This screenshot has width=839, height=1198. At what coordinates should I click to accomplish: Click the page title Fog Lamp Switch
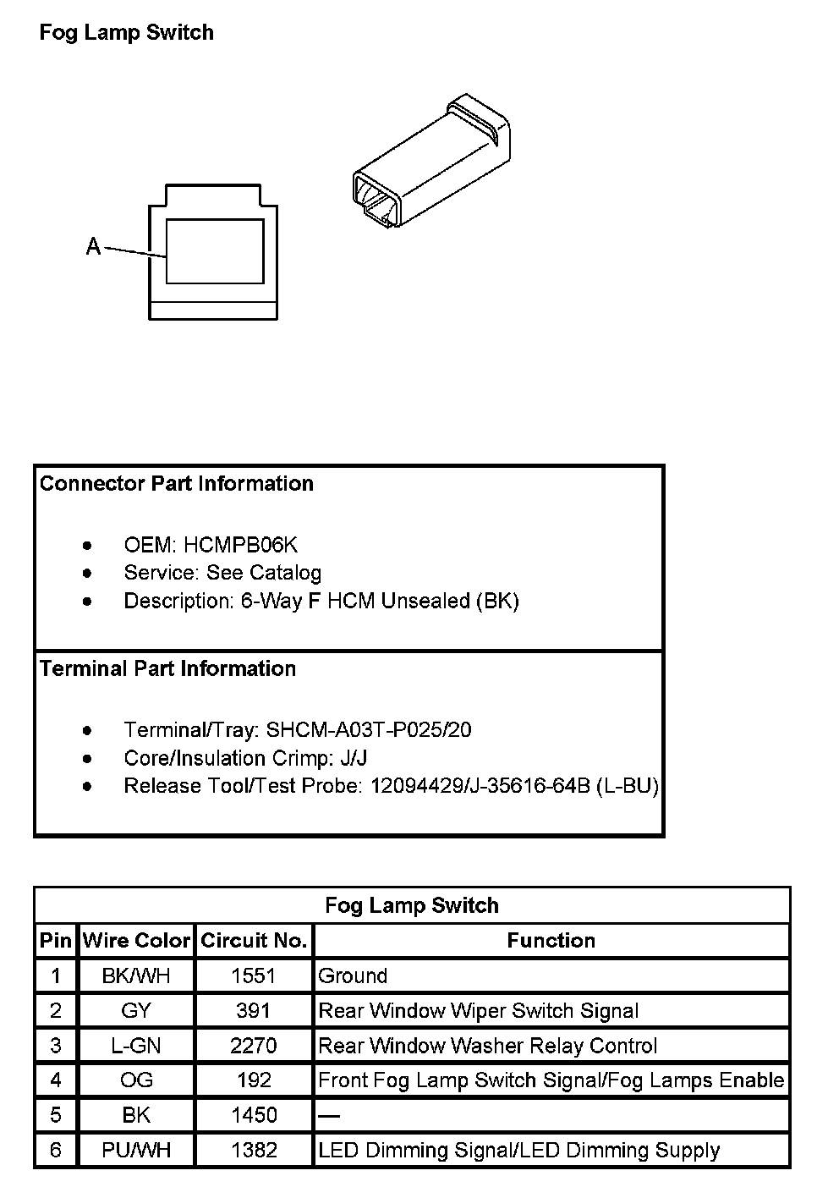pos(127,33)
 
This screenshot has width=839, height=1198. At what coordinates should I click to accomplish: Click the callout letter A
pos(93,246)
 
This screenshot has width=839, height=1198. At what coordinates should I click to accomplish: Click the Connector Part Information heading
pos(176,484)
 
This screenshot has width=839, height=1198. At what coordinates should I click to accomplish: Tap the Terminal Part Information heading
pos(167,669)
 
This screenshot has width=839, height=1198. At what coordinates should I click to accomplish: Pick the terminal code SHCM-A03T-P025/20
pos(369,729)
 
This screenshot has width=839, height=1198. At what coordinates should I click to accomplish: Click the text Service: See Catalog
pos(222,573)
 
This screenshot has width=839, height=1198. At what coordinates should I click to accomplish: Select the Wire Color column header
pos(136,941)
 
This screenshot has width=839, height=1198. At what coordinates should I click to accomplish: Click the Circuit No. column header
pos(254,941)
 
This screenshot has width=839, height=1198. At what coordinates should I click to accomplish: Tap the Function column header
pos(551,941)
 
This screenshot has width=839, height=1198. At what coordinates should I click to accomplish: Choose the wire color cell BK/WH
pos(136,975)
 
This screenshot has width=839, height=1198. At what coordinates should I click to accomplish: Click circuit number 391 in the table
pos(254,1010)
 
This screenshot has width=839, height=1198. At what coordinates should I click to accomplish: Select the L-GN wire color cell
pos(136,1046)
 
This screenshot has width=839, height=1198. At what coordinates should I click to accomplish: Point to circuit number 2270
pos(254,1046)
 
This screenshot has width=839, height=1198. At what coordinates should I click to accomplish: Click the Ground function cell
pos(353,975)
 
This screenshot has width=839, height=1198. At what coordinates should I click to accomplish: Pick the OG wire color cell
pos(136,1080)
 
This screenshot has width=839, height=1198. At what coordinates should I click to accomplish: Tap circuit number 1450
pos(254,1115)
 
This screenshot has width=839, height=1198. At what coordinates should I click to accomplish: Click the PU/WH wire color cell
pos(136,1151)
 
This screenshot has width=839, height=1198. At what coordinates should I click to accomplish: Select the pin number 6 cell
pos(56,1151)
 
